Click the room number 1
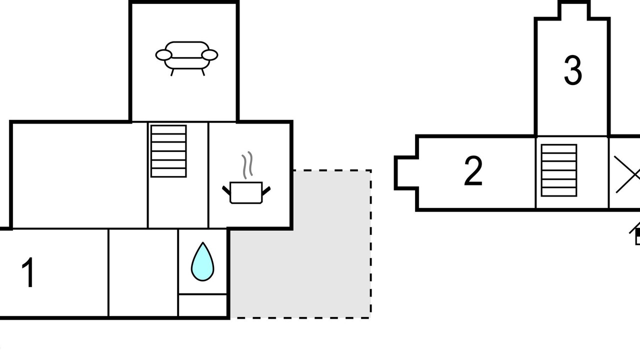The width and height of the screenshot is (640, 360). pos(28,272)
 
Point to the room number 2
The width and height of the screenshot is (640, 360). pos(473,171)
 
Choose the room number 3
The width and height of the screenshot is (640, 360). pos(573,70)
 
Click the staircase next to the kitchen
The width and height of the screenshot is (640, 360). pos(168,151)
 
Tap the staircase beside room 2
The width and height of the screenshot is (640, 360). pos(559,170)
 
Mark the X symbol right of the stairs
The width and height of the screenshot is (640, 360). pos(627,174)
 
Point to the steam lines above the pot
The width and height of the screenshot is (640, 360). pos(247,165)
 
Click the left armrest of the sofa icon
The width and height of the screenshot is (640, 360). pos(163,55)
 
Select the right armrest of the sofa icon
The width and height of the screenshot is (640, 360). pos(209,55)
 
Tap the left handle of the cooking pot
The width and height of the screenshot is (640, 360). pos(226,190)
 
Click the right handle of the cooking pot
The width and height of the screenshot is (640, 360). pos(266,191)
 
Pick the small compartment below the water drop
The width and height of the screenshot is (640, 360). pos(202,305)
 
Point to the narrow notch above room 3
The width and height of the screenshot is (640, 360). pos(574,10)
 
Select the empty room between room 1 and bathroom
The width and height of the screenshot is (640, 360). pos(143,272)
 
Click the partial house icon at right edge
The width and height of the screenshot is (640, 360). pos(635,233)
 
